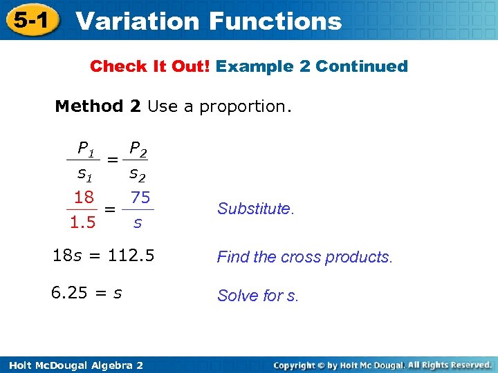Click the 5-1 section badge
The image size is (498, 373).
(x=31, y=21)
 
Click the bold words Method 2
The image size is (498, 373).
(x=98, y=106)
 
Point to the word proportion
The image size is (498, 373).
(x=245, y=107)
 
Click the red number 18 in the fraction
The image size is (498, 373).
(x=84, y=198)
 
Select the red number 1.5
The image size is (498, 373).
(x=82, y=223)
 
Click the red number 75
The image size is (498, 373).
(x=140, y=198)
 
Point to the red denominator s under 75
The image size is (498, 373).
(x=138, y=223)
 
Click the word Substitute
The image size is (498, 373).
(x=255, y=209)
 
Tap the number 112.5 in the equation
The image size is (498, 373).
(x=131, y=256)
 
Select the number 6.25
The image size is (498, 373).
(x=69, y=293)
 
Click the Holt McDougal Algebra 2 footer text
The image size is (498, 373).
(x=72, y=365)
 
